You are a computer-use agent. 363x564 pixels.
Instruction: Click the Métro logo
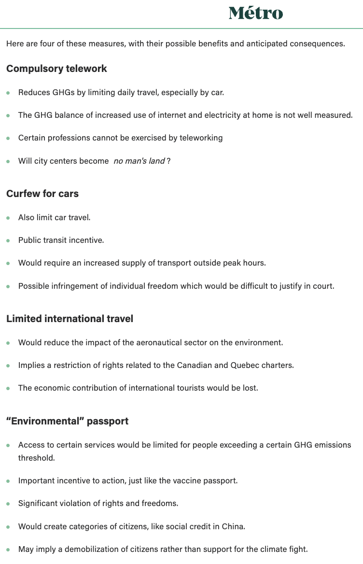tap(256, 13)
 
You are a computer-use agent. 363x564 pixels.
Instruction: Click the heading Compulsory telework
tap(56, 69)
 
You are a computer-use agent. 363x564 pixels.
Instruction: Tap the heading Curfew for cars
tap(42, 194)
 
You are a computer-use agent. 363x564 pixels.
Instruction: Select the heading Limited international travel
tap(70, 319)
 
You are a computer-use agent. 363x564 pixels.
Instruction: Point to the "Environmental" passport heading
tap(67, 421)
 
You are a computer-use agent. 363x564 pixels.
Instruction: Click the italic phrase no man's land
tap(139, 161)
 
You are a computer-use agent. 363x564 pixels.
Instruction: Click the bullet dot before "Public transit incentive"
tap(8, 240)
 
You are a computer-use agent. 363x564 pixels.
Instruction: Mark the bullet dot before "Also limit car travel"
tap(8, 218)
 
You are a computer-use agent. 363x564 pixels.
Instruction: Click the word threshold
tap(36, 457)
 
